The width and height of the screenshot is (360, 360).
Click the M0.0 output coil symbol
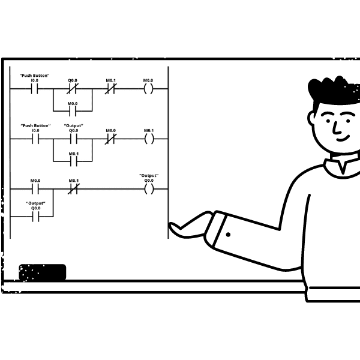pyautogui.click(x=148, y=89)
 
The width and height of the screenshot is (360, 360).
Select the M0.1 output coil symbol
pyautogui.click(x=149, y=139)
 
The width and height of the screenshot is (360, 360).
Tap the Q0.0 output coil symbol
pyautogui.click(x=149, y=189)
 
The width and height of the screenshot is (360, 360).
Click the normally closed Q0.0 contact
pyautogui.click(x=73, y=89)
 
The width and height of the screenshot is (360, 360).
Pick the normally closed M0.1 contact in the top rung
pyautogui.click(x=110, y=89)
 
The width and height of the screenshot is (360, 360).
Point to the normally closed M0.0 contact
pyautogui.click(x=110, y=139)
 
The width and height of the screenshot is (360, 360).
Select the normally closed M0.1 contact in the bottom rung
pyautogui.click(x=74, y=189)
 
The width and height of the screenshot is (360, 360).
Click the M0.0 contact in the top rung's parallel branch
pyautogui.click(x=73, y=111)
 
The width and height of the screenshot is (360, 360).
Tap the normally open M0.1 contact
pyautogui.click(x=74, y=161)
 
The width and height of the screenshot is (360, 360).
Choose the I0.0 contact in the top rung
pyautogui.click(x=34, y=89)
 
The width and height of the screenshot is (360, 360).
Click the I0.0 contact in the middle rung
pyautogui.click(x=35, y=139)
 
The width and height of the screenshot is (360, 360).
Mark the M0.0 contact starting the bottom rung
pyautogui.click(x=35, y=189)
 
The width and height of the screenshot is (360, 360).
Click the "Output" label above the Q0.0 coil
pyautogui.click(x=149, y=176)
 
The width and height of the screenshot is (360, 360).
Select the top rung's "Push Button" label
pyautogui.click(x=34, y=76)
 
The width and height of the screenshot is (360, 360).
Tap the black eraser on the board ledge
pyautogui.click(x=43, y=272)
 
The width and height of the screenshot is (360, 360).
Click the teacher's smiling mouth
pyautogui.click(x=343, y=138)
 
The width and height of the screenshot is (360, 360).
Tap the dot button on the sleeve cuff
pyautogui.click(x=228, y=235)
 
